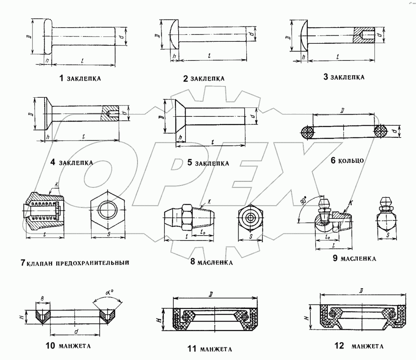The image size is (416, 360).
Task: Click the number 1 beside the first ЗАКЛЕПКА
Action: tap(61, 78)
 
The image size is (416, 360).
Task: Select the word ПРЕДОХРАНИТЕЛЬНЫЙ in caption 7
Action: tap(92, 263)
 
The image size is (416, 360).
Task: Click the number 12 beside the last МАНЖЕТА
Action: tap(339, 346)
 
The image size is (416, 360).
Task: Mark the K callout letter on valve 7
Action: tap(55, 184)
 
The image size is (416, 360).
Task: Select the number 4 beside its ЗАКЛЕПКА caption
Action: tap(53, 163)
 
